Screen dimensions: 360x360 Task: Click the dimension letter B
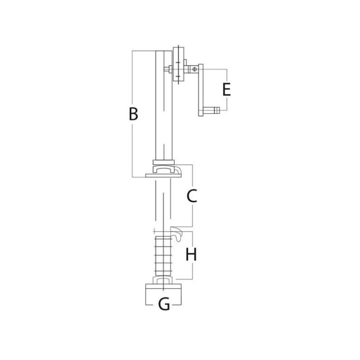point(133,113)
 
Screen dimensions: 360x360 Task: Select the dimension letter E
point(227,90)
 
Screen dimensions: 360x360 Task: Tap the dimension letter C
point(192,196)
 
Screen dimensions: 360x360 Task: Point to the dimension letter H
point(191,254)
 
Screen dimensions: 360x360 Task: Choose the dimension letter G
point(164,304)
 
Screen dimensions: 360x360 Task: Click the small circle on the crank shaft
point(194,69)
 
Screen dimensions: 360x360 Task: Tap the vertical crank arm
point(201,90)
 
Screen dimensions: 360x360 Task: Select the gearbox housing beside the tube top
point(178,64)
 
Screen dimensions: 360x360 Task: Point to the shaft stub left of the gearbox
point(168,69)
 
